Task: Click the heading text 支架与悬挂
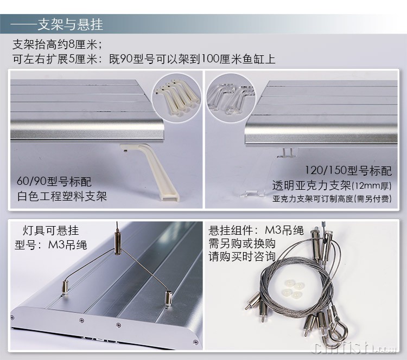(71, 24)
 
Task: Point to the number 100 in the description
(210, 59)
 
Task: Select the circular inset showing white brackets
(176, 98)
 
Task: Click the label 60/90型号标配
(54, 181)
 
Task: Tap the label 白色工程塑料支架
(62, 196)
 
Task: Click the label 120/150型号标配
(348, 171)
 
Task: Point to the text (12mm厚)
(372, 186)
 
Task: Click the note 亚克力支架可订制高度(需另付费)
(332, 198)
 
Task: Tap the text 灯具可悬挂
(50, 230)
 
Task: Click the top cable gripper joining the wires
(117, 243)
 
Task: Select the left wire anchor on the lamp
(65, 287)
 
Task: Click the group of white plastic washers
(293, 288)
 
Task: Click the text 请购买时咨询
(242, 256)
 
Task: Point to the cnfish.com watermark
(355, 348)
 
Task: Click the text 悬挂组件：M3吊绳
(256, 230)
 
